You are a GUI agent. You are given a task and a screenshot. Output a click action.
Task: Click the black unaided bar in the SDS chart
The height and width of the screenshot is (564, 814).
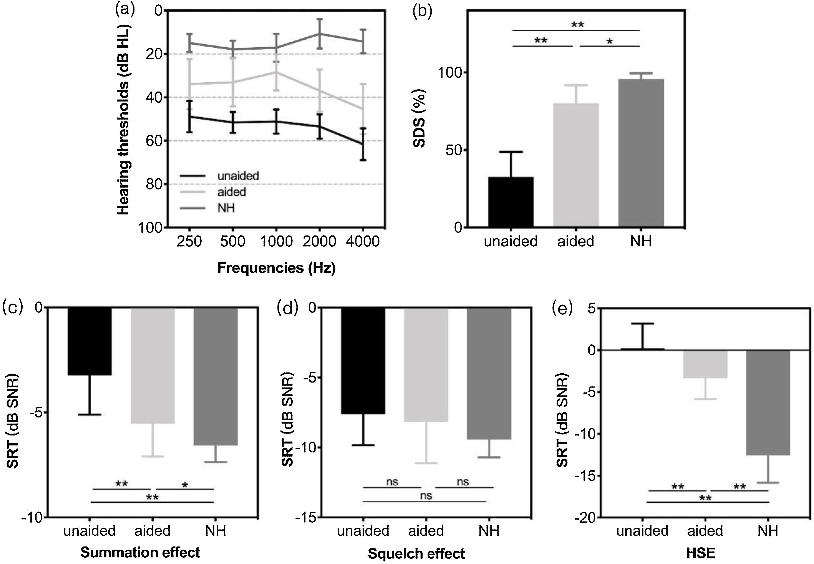point(511,202)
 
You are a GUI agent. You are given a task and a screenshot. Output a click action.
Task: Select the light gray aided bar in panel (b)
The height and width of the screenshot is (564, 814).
point(576,165)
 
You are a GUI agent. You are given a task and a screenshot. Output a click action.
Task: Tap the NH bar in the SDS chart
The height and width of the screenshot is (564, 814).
point(641,153)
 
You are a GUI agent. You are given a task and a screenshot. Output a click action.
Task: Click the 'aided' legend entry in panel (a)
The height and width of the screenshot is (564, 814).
point(231,192)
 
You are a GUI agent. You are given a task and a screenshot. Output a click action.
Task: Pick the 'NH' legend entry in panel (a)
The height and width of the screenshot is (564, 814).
point(226,208)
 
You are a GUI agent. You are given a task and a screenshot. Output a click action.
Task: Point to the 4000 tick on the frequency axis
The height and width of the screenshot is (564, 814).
point(363,241)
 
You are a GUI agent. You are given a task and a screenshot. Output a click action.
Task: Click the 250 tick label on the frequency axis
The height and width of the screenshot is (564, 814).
point(189,241)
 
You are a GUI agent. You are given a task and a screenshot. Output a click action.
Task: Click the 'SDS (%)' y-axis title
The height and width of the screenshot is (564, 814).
point(419,118)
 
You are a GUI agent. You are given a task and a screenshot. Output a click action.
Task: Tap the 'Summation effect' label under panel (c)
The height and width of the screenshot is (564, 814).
point(140,552)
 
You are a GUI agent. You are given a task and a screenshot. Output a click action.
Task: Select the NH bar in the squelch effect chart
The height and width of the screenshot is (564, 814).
point(489,373)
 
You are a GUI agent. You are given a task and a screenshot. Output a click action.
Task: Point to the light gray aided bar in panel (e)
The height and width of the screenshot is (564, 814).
point(705,364)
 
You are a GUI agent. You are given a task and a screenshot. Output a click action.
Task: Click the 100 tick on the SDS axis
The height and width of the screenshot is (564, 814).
point(450,73)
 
